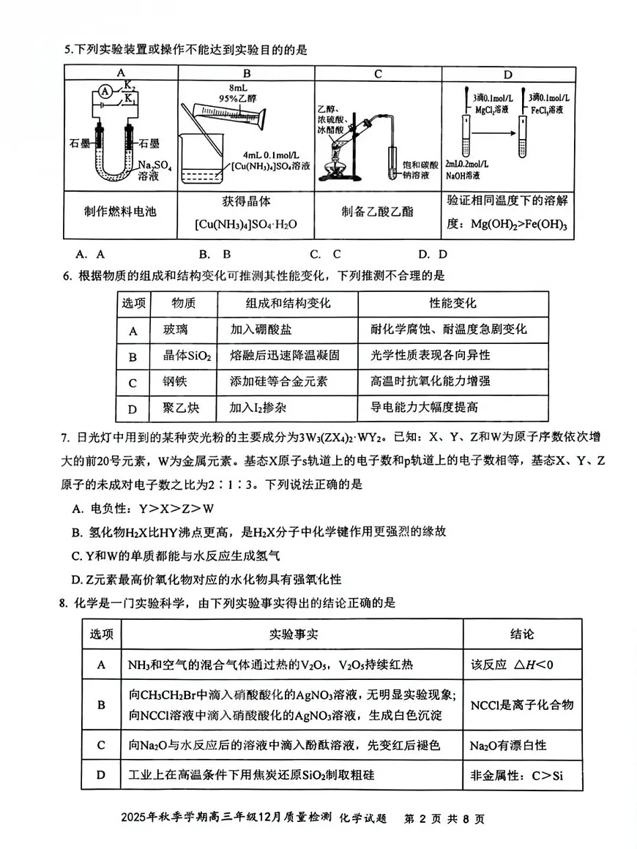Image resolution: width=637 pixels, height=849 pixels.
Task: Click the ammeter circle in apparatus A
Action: (x=105, y=91)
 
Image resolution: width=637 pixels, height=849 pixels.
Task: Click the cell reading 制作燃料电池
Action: (x=121, y=212)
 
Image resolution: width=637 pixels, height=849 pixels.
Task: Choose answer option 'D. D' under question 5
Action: (x=433, y=254)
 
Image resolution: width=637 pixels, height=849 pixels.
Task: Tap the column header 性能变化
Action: (x=452, y=303)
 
